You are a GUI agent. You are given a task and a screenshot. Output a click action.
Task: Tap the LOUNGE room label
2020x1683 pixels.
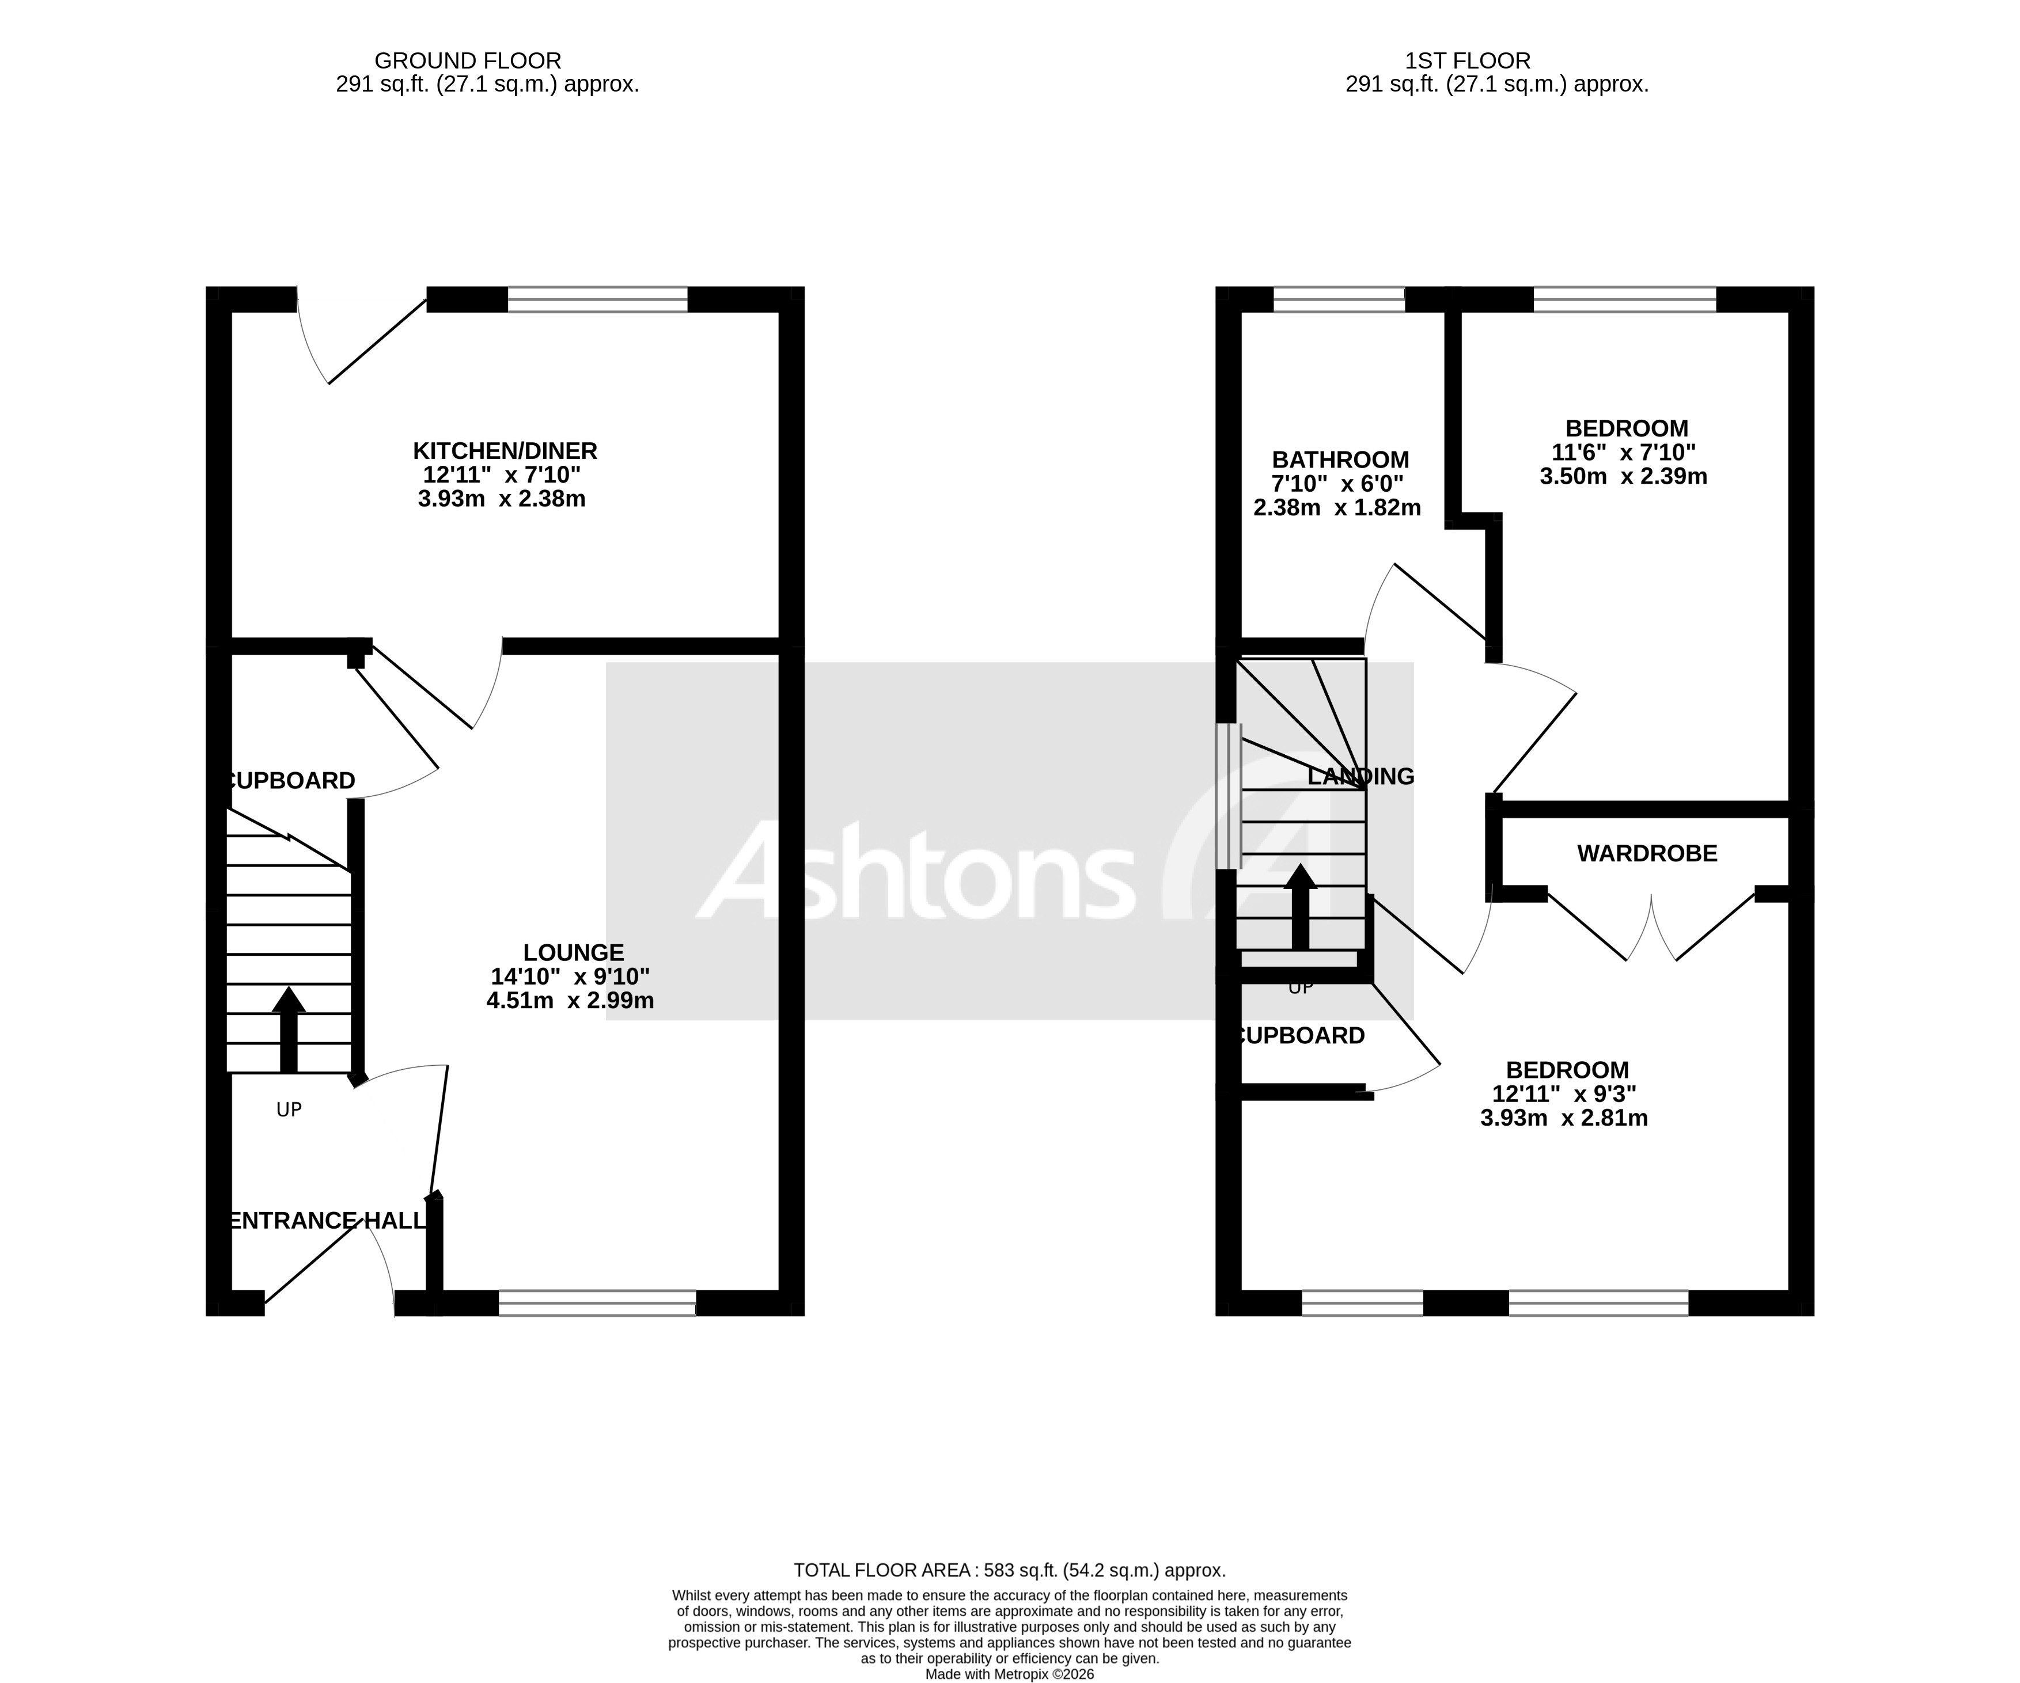pyautogui.click(x=573, y=953)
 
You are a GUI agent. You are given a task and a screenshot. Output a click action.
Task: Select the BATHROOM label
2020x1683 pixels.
pyautogui.click(x=1340, y=459)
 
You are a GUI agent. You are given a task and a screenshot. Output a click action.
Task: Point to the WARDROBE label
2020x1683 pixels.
pyautogui.click(x=1647, y=853)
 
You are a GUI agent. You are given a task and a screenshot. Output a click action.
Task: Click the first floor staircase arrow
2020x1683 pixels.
pyautogui.click(x=1301, y=908)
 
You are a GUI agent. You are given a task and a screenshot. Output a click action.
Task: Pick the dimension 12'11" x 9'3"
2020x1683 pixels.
pyautogui.click(x=1563, y=1093)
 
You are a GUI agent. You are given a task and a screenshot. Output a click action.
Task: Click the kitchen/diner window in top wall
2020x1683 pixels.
pyautogui.click(x=597, y=299)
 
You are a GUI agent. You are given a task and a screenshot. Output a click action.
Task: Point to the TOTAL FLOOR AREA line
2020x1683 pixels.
pyautogui.click(x=1009, y=1571)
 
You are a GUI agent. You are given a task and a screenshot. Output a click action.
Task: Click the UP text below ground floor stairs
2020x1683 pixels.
pyautogui.click(x=289, y=1110)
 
